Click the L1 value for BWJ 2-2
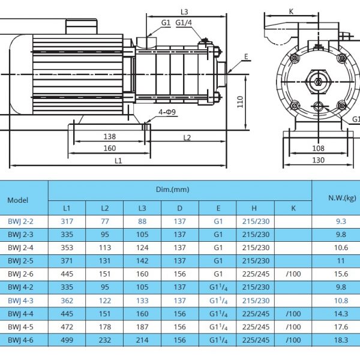[67, 221]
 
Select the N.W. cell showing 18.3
[341, 340]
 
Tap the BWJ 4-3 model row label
[20, 301]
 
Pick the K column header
[293, 208]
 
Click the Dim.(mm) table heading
[172, 190]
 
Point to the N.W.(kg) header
[342, 198]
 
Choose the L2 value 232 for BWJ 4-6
[104, 340]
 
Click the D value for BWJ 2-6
[179, 274]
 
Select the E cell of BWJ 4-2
[218, 287]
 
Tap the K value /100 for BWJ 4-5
[293, 327]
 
